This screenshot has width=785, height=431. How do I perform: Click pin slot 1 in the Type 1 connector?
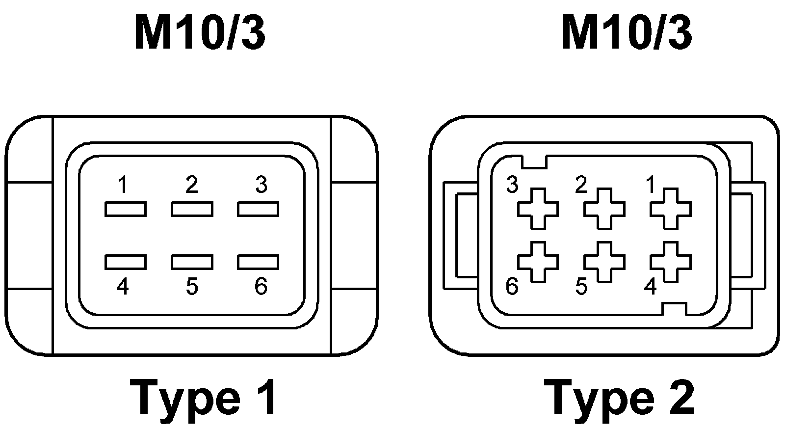(x=125, y=209)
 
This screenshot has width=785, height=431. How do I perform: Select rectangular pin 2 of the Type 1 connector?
(x=192, y=209)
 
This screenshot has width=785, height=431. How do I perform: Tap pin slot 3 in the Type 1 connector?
(x=258, y=209)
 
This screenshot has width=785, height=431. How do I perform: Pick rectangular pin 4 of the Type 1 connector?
(x=125, y=262)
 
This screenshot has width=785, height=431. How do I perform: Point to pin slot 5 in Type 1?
(x=192, y=262)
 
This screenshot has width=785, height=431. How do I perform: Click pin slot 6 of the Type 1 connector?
(x=258, y=262)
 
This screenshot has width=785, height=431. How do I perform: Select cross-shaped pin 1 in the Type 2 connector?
(x=671, y=209)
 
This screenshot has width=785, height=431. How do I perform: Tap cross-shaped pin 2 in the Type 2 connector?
(x=604, y=209)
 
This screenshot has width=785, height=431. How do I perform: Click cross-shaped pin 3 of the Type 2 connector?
(x=538, y=209)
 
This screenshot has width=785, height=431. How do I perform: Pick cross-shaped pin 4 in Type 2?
(x=671, y=262)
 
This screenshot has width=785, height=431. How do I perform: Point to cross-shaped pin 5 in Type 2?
(x=604, y=262)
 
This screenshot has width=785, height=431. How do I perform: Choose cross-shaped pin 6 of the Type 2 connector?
(x=538, y=262)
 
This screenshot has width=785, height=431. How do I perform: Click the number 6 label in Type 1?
(x=261, y=286)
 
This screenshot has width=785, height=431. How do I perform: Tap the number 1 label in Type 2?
(x=651, y=185)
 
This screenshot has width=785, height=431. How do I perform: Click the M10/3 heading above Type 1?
(x=200, y=33)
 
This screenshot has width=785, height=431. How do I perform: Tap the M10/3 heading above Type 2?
(x=627, y=33)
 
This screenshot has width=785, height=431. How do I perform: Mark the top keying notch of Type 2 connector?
(x=533, y=162)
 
